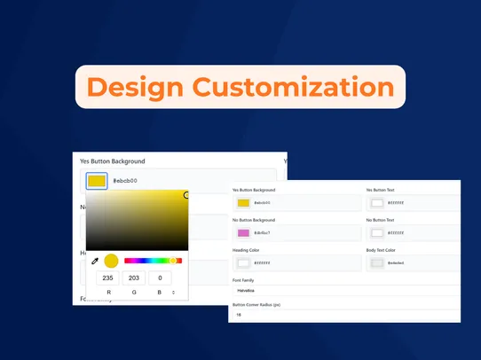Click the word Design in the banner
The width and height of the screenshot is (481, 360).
click(x=134, y=87)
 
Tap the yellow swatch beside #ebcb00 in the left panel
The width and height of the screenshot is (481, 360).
click(x=97, y=181)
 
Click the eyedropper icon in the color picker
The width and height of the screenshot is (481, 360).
click(x=95, y=261)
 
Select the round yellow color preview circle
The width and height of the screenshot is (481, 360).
click(x=111, y=261)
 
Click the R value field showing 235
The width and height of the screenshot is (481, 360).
click(x=109, y=278)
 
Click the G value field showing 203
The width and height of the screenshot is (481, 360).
click(x=134, y=278)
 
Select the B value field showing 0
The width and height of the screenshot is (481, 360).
click(x=161, y=278)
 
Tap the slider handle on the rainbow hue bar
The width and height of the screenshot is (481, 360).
click(x=174, y=261)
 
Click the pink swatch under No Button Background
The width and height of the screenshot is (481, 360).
click(x=243, y=233)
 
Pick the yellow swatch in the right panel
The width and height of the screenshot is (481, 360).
click(x=243, y=204)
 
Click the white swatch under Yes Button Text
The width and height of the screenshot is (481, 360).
click(x=377, y=204)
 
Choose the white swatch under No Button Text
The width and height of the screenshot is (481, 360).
click(x=377, y=233)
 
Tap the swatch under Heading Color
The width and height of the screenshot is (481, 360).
click(x=243, y=262)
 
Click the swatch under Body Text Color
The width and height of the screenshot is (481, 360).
click(x=377, y=262)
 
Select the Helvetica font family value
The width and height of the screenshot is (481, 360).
click(x=245, y=290)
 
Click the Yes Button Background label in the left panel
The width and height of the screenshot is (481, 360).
click(x=113, y=161)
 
